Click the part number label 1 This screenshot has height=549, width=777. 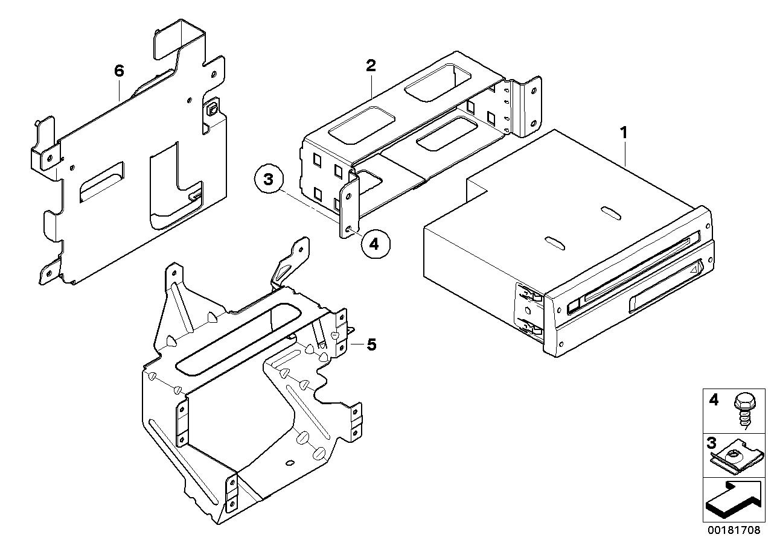pos(624,132)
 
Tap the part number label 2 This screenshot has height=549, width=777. pos(371,66)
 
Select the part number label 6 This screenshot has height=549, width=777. pos(119,71)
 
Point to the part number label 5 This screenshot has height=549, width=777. pos(371,344)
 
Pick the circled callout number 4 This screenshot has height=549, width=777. pos(374,244)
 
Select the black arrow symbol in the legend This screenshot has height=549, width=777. pos(731,500)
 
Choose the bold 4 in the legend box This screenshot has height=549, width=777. pos(714,400)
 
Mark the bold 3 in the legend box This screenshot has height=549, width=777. pos(712,444)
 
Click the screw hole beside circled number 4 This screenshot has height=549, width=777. pos(350,229)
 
